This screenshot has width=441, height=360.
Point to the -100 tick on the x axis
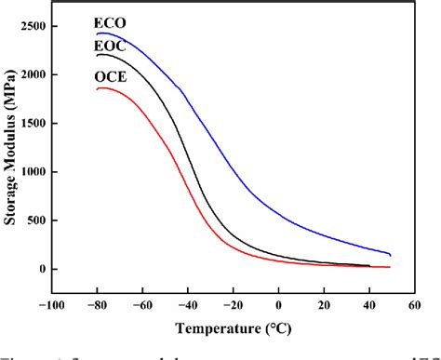50,304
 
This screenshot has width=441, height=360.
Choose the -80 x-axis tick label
97,304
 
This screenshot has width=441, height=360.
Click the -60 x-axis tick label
142,304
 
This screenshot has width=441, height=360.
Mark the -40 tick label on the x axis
188,304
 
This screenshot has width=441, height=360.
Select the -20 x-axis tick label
233,304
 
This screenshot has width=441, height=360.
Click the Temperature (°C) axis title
233,327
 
